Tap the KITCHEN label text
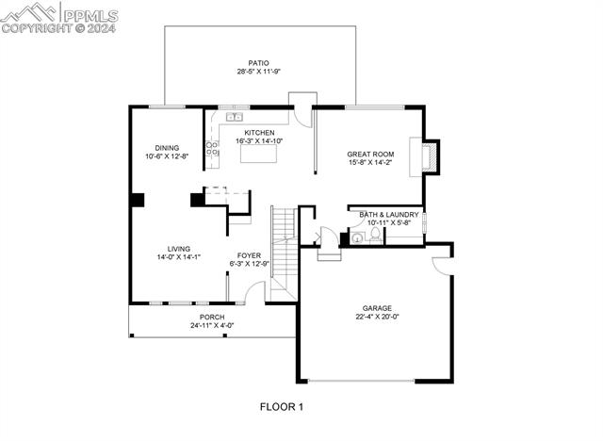tap(259, 133)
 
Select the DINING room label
tap(167, 148)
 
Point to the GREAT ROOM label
tap(370, 154)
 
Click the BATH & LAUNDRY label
tap(389, 214)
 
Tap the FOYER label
tap(249, 255)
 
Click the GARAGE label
tap(377, 308)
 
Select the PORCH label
tap(212, 317)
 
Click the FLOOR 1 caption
tap(282, 407)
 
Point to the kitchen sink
tap(234, 117)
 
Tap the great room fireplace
tap(432, 156)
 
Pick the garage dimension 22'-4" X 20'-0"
tap(377, 318)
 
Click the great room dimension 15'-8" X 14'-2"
tap(370, 162)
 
